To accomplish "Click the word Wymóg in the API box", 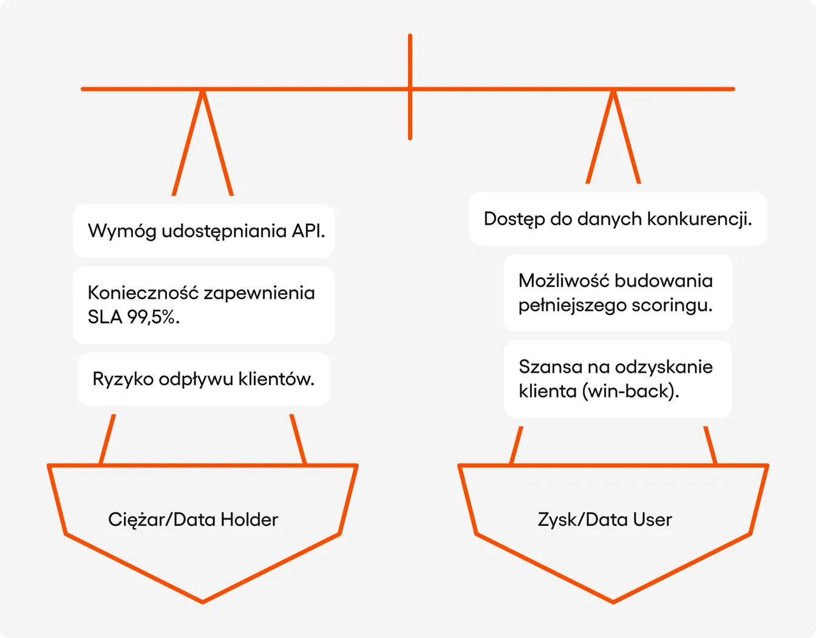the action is pos(122,231).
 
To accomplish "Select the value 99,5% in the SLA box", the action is pos(153,317).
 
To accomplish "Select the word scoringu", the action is pos(671,305).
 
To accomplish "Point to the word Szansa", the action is pos(549,367).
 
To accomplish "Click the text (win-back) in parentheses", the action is pos(631,392).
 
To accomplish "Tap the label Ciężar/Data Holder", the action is pos(193,520).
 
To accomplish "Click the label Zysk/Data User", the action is pos(605,520).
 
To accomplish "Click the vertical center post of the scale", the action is pos(410,87).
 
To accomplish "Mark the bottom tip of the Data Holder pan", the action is pos(203,602).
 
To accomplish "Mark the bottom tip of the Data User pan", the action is pos(613,602).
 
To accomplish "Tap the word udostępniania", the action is pos(224,231).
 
